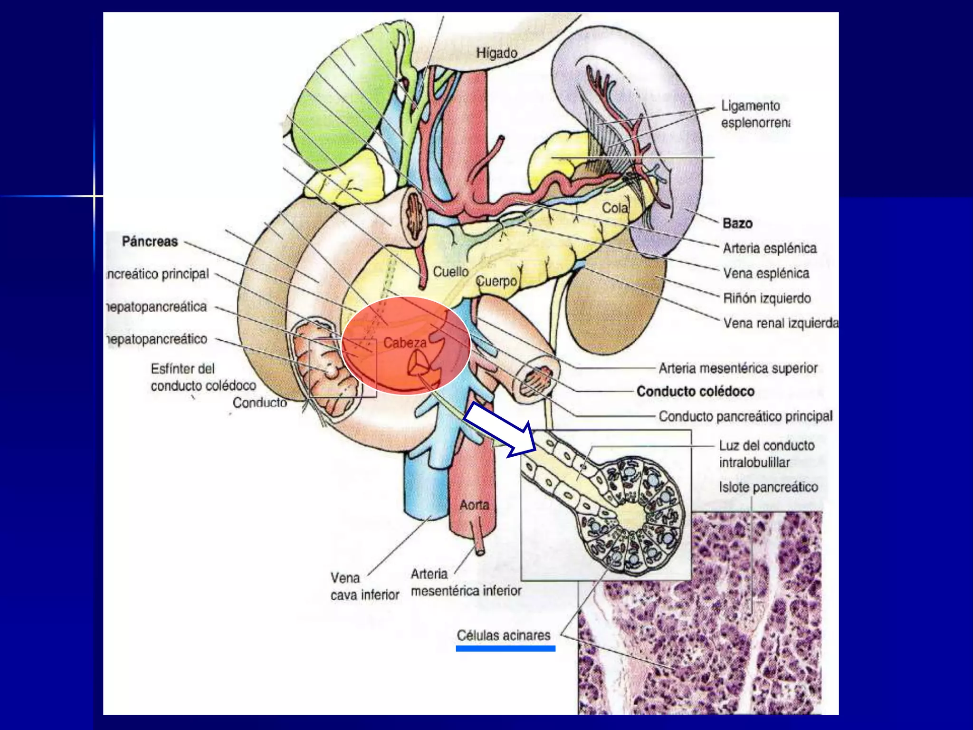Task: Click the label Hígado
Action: pos(496,53)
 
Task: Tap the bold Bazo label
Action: pos(737,223)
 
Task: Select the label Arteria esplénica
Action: pos(770,248)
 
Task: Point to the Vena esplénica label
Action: pos(766,273)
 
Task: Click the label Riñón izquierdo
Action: pos(767,298)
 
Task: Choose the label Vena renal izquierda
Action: pos(781,323)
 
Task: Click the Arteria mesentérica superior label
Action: pos(738,368)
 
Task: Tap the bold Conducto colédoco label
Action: pos(696,391)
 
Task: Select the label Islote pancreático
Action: pos(768,487)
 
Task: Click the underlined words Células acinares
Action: pos(504,635)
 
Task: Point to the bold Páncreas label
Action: pos(150,241)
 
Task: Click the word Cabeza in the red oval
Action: pos(405,343)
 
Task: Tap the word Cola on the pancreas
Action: pos(615,208)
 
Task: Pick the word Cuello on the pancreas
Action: pos(450,272)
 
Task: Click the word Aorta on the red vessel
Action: pos(474,505)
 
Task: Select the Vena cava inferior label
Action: pos(364,586)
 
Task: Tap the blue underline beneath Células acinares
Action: pos(506,649)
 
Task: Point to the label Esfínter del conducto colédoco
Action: pos(203,377)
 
